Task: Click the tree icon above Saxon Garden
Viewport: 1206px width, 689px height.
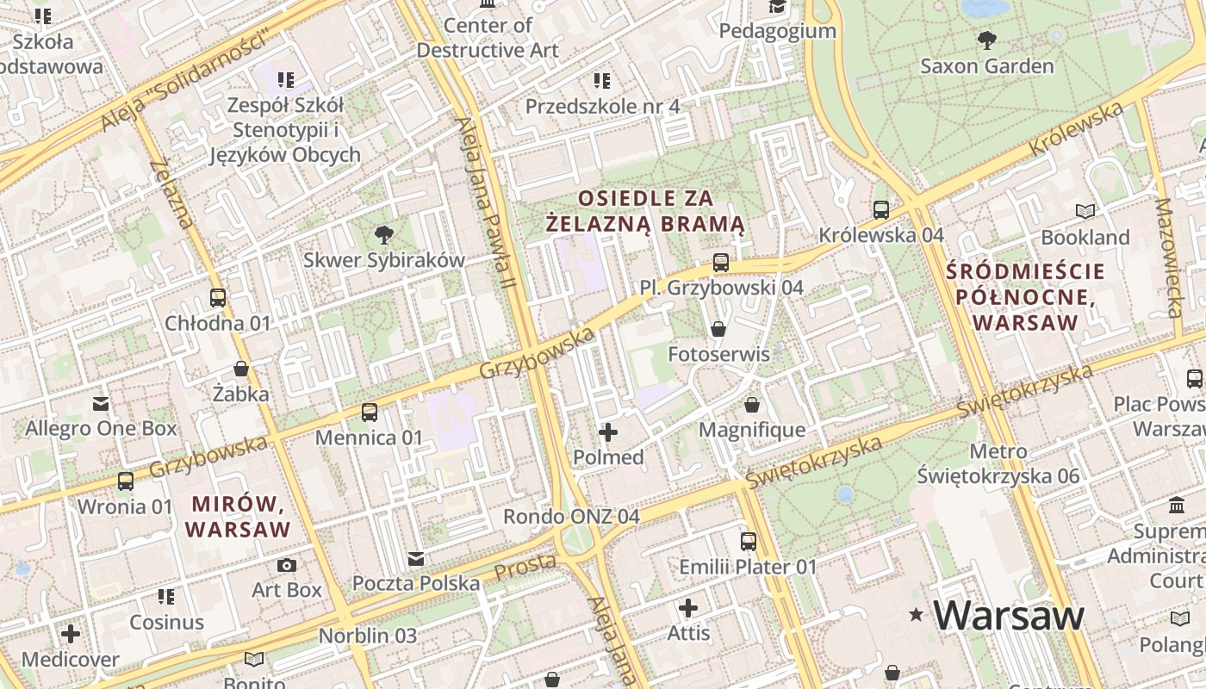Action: point(986,40)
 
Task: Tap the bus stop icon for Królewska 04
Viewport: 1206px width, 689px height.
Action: point(880,209)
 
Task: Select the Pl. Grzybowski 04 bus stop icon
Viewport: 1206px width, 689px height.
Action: point(721,262)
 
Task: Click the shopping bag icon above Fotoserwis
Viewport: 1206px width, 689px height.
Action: point(718,328)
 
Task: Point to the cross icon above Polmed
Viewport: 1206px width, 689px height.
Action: point(608,431)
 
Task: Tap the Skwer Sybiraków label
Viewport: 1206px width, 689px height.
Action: point(383,259)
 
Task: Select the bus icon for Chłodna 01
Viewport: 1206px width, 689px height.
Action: point(218,298)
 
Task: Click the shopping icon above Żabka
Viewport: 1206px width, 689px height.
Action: point(241,369)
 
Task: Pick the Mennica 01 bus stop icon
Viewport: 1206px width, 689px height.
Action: point(369,412)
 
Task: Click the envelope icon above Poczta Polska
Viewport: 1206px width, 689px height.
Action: point(416,558)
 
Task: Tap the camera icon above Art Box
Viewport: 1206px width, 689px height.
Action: point(287,565)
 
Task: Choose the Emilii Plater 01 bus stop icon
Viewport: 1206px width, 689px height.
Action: point(748,541)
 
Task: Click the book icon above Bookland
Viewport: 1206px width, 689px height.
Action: point(1085,211)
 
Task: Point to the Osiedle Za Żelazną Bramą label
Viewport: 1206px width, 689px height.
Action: point(646,211)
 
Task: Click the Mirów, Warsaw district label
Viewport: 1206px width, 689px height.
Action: point(240,516)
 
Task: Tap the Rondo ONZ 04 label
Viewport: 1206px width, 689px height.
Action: point(571,517)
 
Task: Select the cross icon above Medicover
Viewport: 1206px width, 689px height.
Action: point(71,634)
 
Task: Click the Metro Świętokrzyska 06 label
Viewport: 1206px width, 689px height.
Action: point(998,463)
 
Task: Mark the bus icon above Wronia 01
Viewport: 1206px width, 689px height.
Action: point(126,481)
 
